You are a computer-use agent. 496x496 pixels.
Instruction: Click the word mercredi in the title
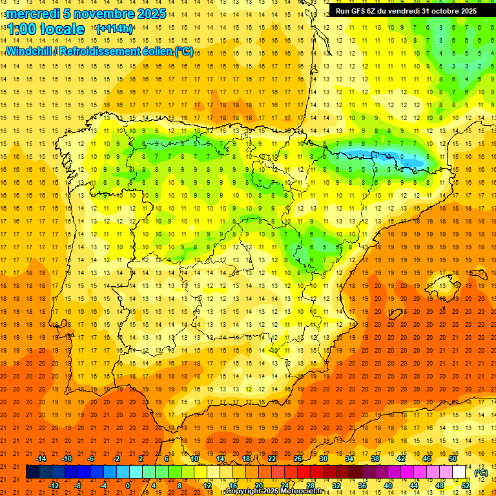click(x=33, y=14)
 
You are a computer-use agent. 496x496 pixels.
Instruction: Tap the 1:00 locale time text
click(x=46, y=29)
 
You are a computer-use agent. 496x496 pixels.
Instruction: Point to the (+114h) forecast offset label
click(x=114, y=29)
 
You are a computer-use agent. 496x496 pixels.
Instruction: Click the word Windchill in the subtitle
click(x=30, y=51)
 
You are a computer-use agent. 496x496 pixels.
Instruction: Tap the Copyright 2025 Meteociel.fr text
click(x=274, y=491)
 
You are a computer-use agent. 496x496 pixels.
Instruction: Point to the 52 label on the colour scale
click(x=466, y=486)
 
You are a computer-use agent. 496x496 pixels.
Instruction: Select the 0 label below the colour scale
click(x=128, y=486)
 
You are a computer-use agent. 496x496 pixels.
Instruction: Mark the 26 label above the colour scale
click(x=298, y=459)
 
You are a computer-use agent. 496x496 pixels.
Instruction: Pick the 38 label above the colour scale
click(x=375, y=459)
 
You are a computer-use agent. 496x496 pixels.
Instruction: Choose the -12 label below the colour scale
click(x=54, y=486)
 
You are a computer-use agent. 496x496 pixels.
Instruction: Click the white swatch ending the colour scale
click(x=459, y=472)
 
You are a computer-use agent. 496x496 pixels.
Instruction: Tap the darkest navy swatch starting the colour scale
click(x=33, y=472)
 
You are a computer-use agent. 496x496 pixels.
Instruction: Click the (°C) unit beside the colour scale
click(x=480, y=473)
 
